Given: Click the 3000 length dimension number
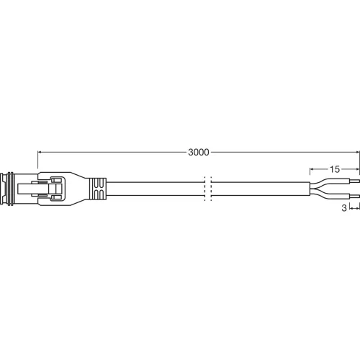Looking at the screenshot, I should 198,153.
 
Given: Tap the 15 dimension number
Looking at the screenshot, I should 335,169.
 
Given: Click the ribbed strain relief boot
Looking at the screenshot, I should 97,189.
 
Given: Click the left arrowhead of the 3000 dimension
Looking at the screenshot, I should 40,153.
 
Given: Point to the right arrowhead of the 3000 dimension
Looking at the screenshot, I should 356,153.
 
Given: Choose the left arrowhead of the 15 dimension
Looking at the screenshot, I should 312,169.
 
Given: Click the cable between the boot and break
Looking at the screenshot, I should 155,189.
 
